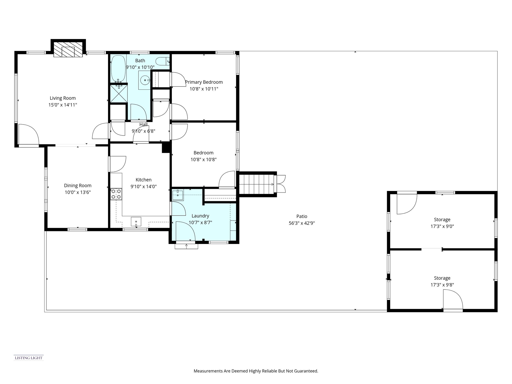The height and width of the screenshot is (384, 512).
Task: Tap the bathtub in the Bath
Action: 118,68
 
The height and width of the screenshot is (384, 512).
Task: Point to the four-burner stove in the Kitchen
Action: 116,194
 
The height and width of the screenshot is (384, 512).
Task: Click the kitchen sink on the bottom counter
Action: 136,222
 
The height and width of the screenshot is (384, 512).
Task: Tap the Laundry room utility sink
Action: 178,195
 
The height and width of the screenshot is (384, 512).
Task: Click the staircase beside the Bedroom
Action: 256,184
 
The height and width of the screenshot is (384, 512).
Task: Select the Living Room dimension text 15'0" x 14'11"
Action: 62,105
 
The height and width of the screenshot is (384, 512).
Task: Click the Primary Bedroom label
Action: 204,82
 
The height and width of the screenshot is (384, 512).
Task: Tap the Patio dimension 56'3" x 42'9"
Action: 302,223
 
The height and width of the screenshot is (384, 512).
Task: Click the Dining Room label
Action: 77,185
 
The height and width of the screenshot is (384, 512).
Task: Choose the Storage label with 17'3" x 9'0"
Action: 442,219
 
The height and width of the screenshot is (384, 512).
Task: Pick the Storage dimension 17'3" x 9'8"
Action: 442,285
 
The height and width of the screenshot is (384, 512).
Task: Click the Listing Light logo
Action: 28,358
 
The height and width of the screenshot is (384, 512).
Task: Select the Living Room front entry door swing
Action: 28,134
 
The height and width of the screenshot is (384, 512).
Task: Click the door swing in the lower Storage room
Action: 452,299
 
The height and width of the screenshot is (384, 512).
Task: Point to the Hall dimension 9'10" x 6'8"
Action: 143,131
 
